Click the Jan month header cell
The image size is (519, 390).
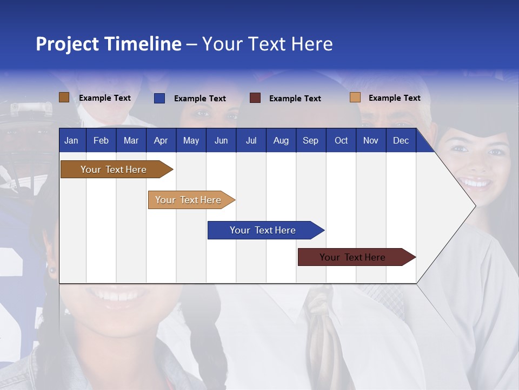click(72, 140)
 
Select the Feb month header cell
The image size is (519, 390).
click(101, 140)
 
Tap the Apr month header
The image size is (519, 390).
click(161, 140)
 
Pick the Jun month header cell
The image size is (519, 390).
click(221, 140)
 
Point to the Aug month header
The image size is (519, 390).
click(281, 140)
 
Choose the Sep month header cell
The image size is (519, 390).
click(310, 140)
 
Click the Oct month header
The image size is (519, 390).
click(341, 140)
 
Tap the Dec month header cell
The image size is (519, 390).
click(401, 140)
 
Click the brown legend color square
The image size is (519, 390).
click(64, 97)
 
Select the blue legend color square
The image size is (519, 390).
click(159, 98)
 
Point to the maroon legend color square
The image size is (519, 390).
click(255, 98)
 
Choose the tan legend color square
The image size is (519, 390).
click(355, 97)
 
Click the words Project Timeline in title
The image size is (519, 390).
click(109, 44)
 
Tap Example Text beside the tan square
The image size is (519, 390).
click(394, 98)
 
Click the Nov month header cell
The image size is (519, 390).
click(371, 140)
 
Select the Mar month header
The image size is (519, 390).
click(131, 140)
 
